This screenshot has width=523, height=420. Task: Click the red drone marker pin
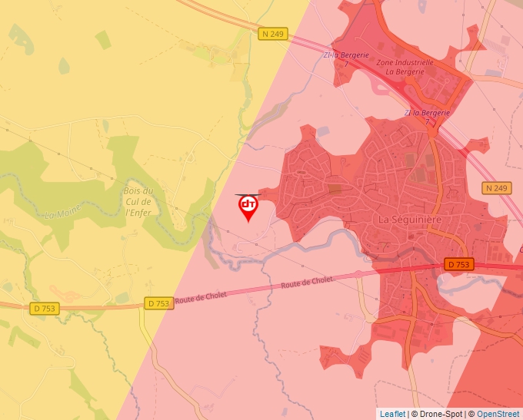(248, 207)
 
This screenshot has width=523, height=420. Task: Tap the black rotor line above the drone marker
(248, 194)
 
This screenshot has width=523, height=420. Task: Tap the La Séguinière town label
(411, 219)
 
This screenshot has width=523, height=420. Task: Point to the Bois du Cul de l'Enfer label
(138, 201)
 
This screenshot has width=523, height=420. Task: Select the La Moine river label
(62, 208)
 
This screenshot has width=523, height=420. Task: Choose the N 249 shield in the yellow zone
(272, 34)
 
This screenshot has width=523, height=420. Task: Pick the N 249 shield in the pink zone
(497, 188)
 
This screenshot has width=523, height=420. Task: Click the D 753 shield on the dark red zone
(459, 264)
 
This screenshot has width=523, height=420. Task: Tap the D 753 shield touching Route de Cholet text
(157, 303)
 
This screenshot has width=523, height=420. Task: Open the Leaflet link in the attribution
(392, 414)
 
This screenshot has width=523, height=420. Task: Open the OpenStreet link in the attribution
(498, 414)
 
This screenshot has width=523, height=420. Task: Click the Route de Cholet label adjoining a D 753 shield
(201, 296)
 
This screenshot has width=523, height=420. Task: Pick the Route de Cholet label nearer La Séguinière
(307, 282)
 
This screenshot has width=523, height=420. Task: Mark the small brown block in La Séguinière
(335, 187)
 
